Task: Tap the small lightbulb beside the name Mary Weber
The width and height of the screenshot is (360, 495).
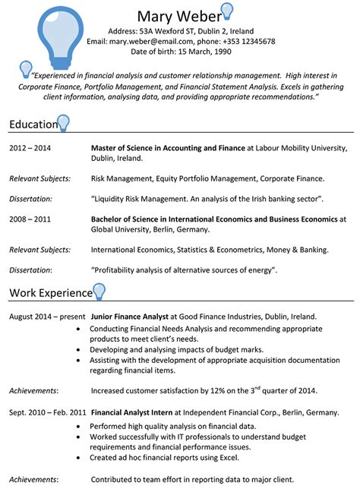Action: (x=226, y=11)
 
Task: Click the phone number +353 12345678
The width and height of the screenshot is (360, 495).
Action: (x=248, y=41)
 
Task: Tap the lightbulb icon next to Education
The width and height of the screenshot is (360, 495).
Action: (x=63, y=122)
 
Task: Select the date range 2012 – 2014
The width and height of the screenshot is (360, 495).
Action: (x=30, y=149)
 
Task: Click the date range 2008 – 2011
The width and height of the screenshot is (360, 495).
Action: (x=30, y=219)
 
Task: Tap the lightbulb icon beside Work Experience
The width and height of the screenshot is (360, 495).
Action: (x=98, y=291)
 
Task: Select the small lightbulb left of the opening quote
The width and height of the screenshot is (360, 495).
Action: (x=26, y=68)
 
